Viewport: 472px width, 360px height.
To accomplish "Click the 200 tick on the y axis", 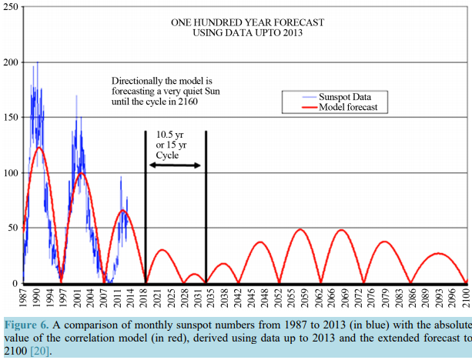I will click(x=10, y=62).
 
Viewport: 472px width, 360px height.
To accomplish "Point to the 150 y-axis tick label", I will click(x=10, y=117).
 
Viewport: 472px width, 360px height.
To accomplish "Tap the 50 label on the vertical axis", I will click(x=12, y=228).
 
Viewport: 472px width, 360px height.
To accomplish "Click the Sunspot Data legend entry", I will click(x=332, y=97).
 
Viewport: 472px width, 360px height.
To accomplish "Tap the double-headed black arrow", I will click(x=176, y=166).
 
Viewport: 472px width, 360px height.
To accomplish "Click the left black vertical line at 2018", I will click(x=146, y=208).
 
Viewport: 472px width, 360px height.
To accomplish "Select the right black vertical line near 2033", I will click(x=206, y=208).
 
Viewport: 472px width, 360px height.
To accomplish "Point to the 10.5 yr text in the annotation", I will click(x=170, y=134).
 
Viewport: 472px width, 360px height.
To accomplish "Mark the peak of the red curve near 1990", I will click(x=39, y=148).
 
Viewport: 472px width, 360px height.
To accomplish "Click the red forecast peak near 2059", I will click(x=300, y=229).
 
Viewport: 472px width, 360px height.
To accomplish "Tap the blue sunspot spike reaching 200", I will click(x=37, y=63).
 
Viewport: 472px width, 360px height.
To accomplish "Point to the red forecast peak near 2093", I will click(x=438, y=253).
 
